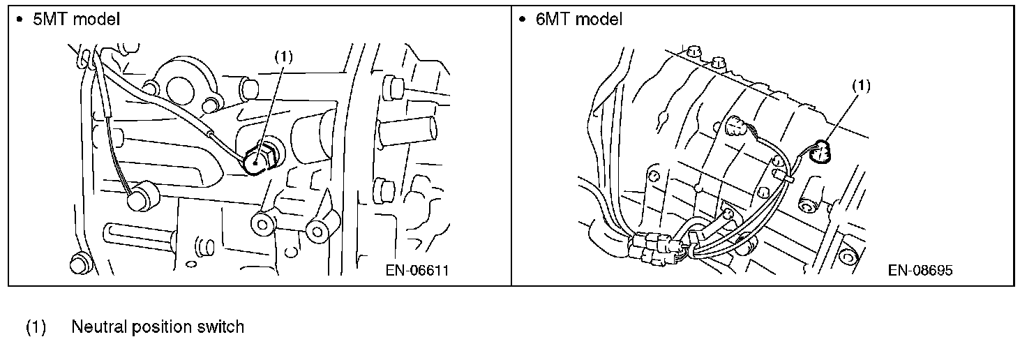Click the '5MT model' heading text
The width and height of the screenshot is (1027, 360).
pos(76,20)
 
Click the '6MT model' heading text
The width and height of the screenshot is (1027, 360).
pos(578,20)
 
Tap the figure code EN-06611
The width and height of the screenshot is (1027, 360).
pos(417,271)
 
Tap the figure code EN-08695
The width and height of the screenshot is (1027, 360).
pos(920,271)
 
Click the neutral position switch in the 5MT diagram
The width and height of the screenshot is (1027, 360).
pos(258,160)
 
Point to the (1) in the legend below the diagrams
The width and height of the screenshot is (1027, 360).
pos(36,327)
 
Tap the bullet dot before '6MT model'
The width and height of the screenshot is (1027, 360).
pos(521,20)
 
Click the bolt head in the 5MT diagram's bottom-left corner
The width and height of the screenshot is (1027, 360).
pos(78,264)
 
